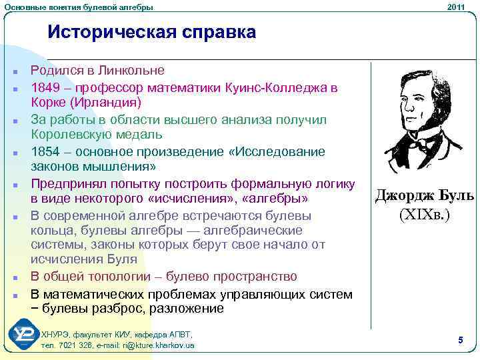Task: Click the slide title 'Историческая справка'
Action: (151, 32)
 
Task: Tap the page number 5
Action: (461, 341)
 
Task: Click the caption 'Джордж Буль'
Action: (425, 195)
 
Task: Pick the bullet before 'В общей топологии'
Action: (13, 277)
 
